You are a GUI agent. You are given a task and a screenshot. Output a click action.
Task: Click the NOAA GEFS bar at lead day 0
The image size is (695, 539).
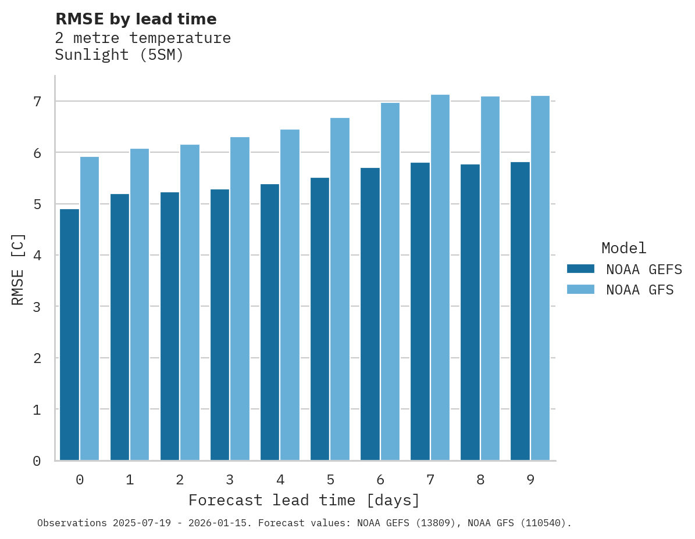(x=69, y=335)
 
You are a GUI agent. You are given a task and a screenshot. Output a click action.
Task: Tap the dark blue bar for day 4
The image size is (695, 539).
(x=269, y=322)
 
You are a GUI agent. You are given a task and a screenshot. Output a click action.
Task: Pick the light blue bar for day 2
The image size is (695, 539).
(x=190, y=303)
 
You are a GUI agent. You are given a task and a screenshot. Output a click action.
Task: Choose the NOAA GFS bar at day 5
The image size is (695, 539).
(x=340, y=289)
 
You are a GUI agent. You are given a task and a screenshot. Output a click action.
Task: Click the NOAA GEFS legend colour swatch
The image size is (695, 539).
(x=580, y=269)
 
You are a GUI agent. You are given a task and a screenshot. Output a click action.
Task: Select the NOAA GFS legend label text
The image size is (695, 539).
(x=640, y=290)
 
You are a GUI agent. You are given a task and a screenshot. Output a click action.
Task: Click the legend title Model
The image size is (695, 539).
(x=623, y=248)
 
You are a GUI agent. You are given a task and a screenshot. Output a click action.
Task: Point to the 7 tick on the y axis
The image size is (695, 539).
(x=37, y=102)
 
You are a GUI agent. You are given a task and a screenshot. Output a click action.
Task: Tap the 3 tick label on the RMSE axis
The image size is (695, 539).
(x=37, y=307)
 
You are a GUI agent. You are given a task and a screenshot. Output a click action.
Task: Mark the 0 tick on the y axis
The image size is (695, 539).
(x=37, y=461)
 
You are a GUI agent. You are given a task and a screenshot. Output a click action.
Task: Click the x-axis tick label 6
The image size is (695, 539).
(x=380, y=480)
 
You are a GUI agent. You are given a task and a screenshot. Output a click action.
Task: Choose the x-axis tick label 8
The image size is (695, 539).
(x=480, y=480)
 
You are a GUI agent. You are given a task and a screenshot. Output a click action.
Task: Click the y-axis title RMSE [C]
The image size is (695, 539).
(x=19, y=269)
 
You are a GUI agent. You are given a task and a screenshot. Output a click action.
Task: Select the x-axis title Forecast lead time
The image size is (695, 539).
(x=304, y=500)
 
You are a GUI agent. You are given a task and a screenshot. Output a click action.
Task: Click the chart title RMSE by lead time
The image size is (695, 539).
(x=136, y=19)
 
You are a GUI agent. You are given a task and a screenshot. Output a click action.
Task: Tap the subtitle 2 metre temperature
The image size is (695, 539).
(x=142, y=38)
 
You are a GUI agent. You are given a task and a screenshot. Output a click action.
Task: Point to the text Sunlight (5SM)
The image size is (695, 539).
(x=119, y=55)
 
